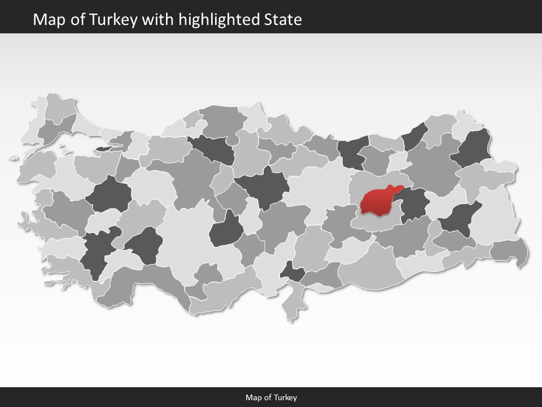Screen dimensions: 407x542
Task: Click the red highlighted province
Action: [379, 201]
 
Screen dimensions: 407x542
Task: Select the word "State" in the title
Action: [283, 20]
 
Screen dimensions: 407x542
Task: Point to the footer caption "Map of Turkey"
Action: [271, 397]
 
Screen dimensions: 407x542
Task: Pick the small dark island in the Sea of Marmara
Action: [104, 149]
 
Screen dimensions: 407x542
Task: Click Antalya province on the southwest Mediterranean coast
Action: [152, 283]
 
